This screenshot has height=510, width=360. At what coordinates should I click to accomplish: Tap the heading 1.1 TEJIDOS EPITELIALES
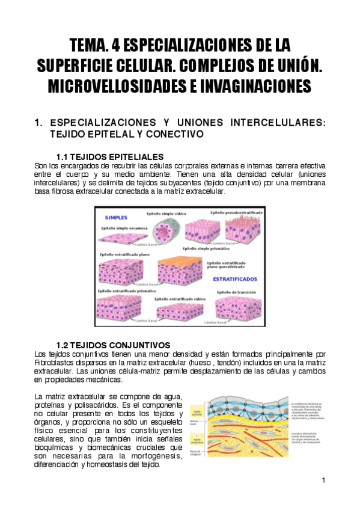pos(109,156)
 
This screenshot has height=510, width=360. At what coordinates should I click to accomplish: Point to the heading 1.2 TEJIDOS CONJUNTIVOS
pos(113,345)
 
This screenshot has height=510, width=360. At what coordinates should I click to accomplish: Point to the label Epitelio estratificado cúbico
pos(180,298)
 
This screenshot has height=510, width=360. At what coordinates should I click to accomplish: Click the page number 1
pos(323,481)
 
